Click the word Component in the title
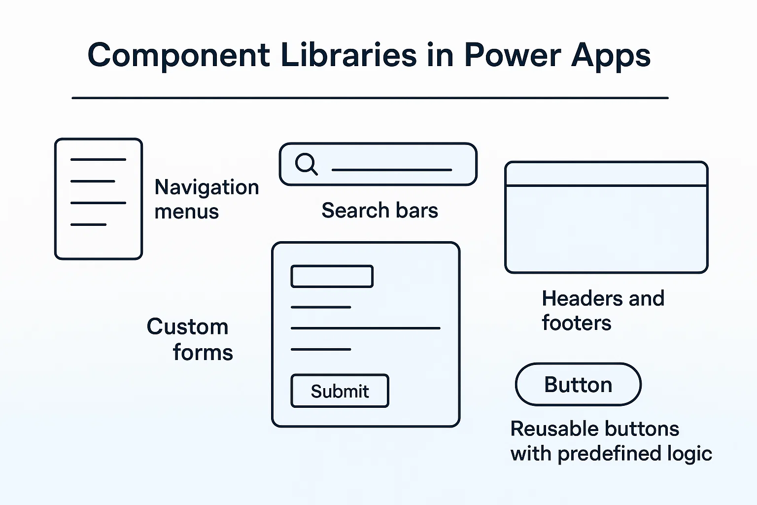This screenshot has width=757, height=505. tap(178, 55)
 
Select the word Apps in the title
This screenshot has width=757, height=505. tap(611, 55)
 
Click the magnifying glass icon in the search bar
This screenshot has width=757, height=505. tap(306, 164)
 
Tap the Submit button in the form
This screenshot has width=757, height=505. tap(340, 391)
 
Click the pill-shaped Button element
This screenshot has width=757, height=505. tap(578, 385)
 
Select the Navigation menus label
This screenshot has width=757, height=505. tap(206, 199)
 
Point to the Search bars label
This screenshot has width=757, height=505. tap(379, 211)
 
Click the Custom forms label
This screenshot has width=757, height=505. tap(189, 339)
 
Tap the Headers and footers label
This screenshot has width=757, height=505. tap(602, 311)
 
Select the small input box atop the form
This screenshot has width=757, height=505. tap(332, 276)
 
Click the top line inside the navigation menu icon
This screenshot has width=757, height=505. tap(98, 159)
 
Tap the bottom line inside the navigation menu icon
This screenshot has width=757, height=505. tap(88, 225)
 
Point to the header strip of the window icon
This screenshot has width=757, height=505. tap(606, 174)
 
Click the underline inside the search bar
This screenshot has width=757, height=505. tap(392, 170)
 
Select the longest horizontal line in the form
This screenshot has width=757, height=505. tap(365, 328)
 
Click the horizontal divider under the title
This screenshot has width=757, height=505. tap(370, 98)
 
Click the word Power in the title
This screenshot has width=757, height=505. tap(512, 55)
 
